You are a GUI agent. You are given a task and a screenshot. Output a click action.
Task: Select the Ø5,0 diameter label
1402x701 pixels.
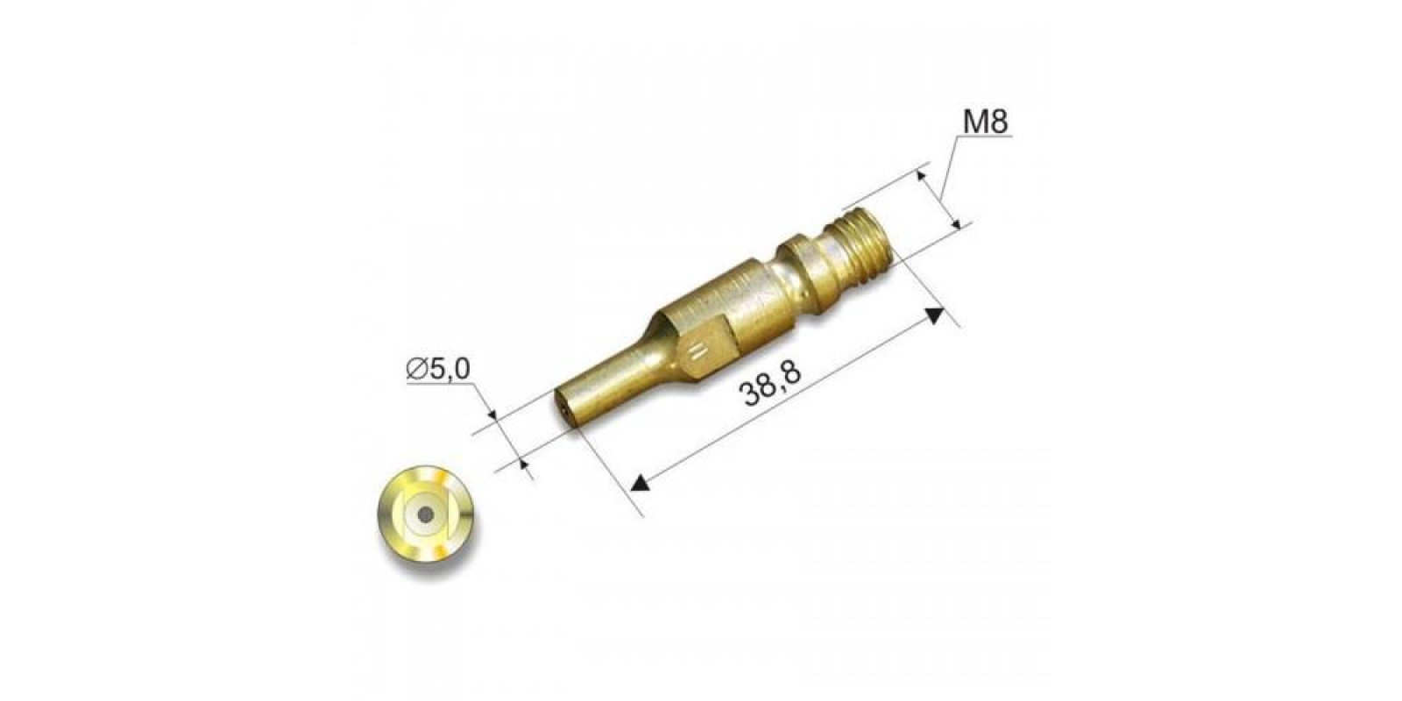click(438, 369)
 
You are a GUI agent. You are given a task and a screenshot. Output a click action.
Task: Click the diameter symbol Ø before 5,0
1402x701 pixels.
click(417, 369)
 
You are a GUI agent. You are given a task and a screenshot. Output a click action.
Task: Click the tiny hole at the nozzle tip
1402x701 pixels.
click(564, 412)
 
